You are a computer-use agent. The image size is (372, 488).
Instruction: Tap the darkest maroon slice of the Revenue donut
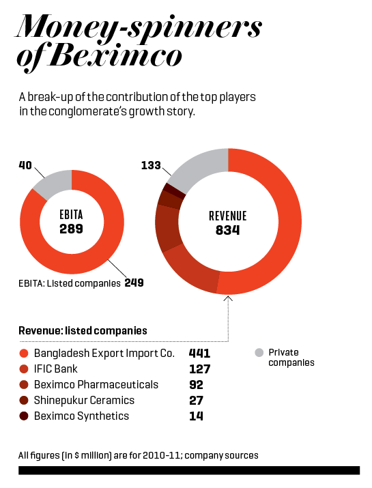[174, 190]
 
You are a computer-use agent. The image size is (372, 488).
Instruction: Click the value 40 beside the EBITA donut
[25, 165]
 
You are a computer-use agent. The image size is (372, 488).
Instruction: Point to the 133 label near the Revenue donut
[151, 165]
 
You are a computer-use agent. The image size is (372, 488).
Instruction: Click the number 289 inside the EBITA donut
[71, 229]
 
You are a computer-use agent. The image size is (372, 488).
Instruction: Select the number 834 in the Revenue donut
[227, 230]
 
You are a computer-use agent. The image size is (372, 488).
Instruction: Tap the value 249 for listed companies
[134, 283]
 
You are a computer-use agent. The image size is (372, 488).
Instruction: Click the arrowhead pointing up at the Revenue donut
[228, 298]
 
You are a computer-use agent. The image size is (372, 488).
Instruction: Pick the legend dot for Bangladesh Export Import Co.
[24, 354]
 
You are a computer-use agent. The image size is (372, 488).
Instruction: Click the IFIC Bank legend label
[56, 369]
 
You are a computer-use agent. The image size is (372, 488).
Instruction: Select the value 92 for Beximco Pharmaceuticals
[196, 385]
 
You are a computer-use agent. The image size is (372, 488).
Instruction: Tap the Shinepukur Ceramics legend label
[84, 400]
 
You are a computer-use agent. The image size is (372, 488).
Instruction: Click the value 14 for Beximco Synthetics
[196, 416]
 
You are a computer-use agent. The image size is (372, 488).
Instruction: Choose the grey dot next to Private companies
[259, 353]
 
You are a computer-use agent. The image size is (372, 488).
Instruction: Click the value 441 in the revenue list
[199, 354]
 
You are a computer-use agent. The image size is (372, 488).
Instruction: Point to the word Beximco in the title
[115, 56]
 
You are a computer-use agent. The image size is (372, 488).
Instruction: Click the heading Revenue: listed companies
[83, 330]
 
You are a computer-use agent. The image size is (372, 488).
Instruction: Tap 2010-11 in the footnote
[162, 455]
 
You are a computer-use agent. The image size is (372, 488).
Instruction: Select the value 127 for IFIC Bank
[200, 369]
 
